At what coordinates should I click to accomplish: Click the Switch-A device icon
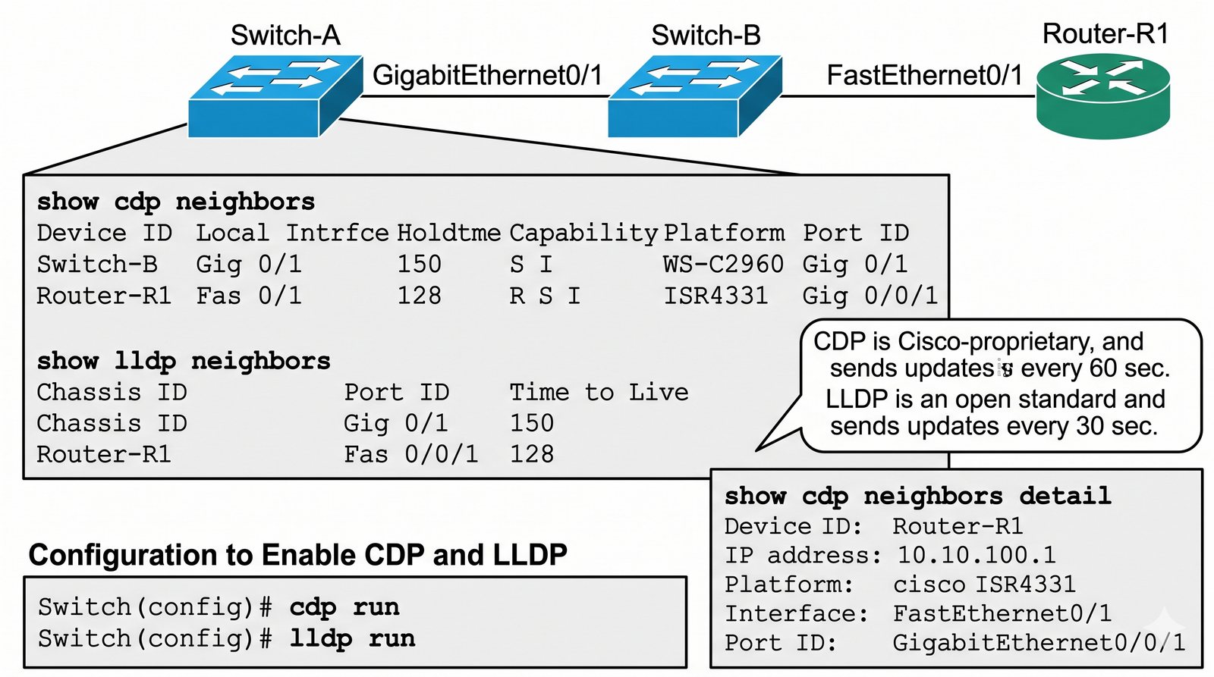click(x=275, y=96)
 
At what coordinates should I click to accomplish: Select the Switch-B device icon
click(x=695, y=96)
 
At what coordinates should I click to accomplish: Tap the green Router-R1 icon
click(x=1103, y=96)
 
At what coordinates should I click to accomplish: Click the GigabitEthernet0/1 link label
click(x=487, y=75)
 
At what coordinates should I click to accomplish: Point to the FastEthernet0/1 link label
click(x=925, y=75)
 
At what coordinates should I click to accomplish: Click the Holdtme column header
click(x=448, y=234)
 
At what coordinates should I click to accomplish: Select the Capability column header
click(x=583, y=234)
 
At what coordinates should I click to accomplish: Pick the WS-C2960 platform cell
click(x=724, y=265)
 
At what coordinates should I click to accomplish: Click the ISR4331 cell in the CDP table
click(x=716, y=296)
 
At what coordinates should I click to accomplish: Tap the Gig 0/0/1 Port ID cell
click(x=870, y=296)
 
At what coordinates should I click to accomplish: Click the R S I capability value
click(x=545, y=296)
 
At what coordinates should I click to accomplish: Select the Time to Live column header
click(x=599, y=392)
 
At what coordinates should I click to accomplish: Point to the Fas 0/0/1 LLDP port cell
click(x=410, y=454)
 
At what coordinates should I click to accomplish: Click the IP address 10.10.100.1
click(x=977, y=555)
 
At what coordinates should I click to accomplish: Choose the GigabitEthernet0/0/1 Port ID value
click(x=1039, y=642)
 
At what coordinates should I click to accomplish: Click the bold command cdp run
click(x=344, y=607)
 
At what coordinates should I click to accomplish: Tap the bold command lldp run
click(x=352, y=638)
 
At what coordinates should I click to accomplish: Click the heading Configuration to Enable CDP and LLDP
click(x=297, y=555)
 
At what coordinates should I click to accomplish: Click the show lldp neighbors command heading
click(x=184, y=362)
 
